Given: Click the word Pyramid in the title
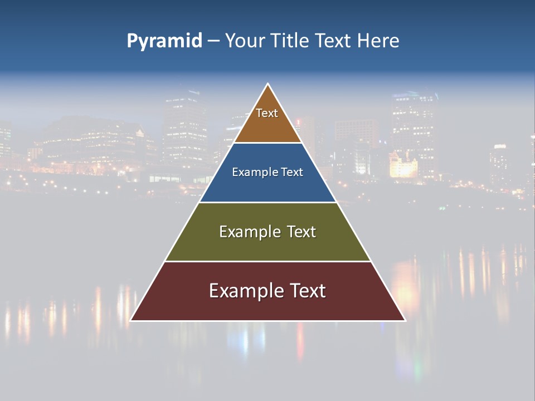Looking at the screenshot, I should pyautogui.click(x=164, y=41).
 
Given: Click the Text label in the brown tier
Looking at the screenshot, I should pyautogui.click(x=267, y=113).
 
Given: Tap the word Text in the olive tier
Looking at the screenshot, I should pyautogui.click(x=301, y=232).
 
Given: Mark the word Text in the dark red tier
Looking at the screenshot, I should pyautogui.click(x=307, y=291).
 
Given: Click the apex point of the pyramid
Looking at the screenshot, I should pyautogui.click(x=268, y=84).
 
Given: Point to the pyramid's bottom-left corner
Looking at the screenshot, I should pyautogui.click(x=131, y=320).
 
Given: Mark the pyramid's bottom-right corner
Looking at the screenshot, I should pyautogui.click(x=405, y=320).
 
